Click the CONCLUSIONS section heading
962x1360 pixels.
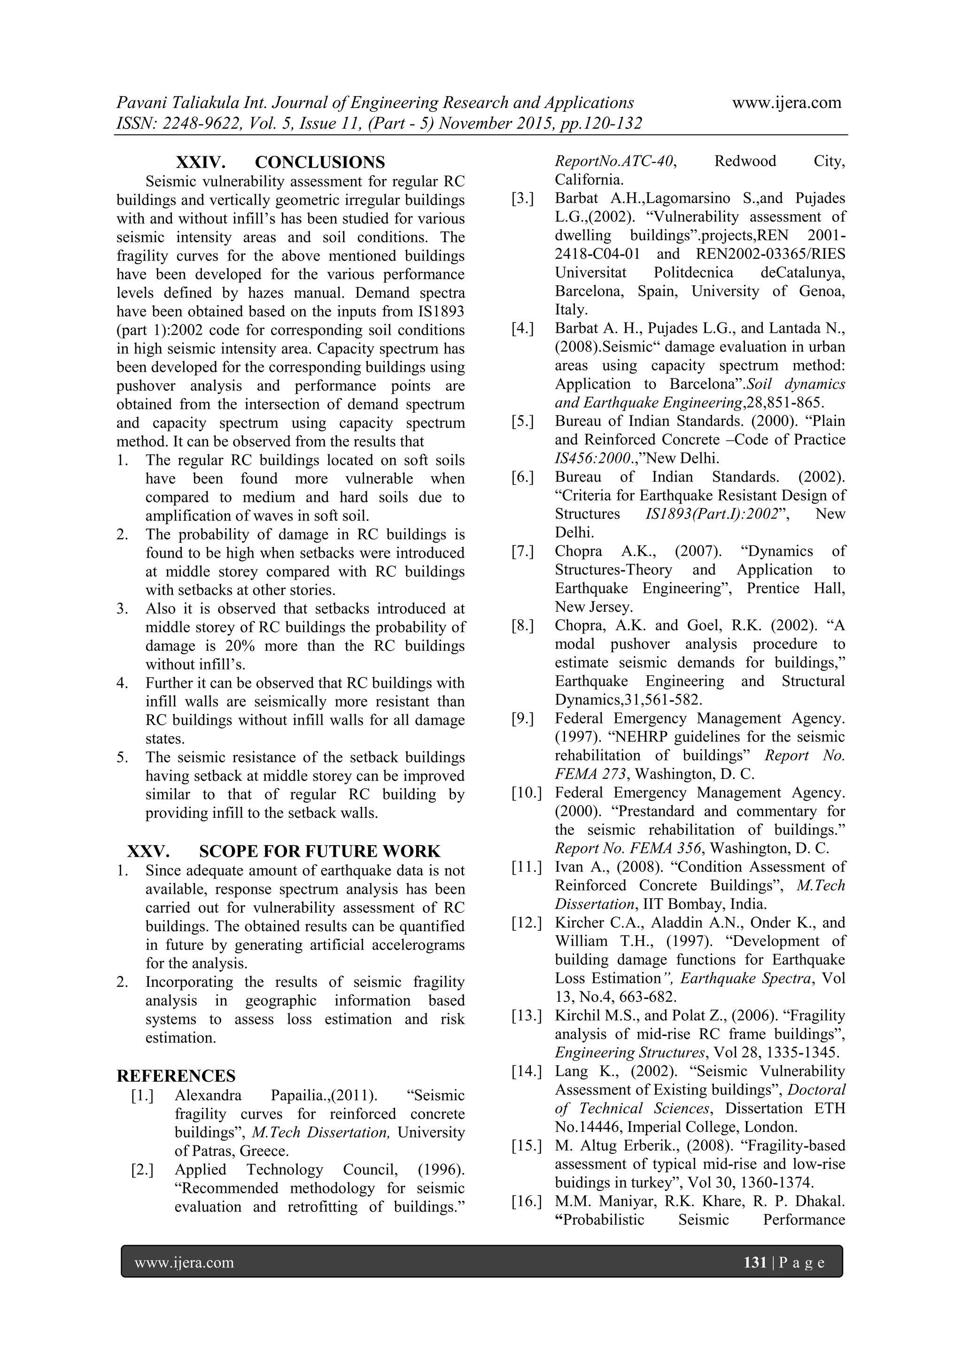(x=319, y=162)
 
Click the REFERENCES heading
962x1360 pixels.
(x=176, y=1076)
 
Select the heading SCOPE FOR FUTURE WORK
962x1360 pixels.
(x=319, y=851)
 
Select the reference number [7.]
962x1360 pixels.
(x=523, y=552)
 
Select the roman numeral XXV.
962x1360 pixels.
(x=148, y=851)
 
